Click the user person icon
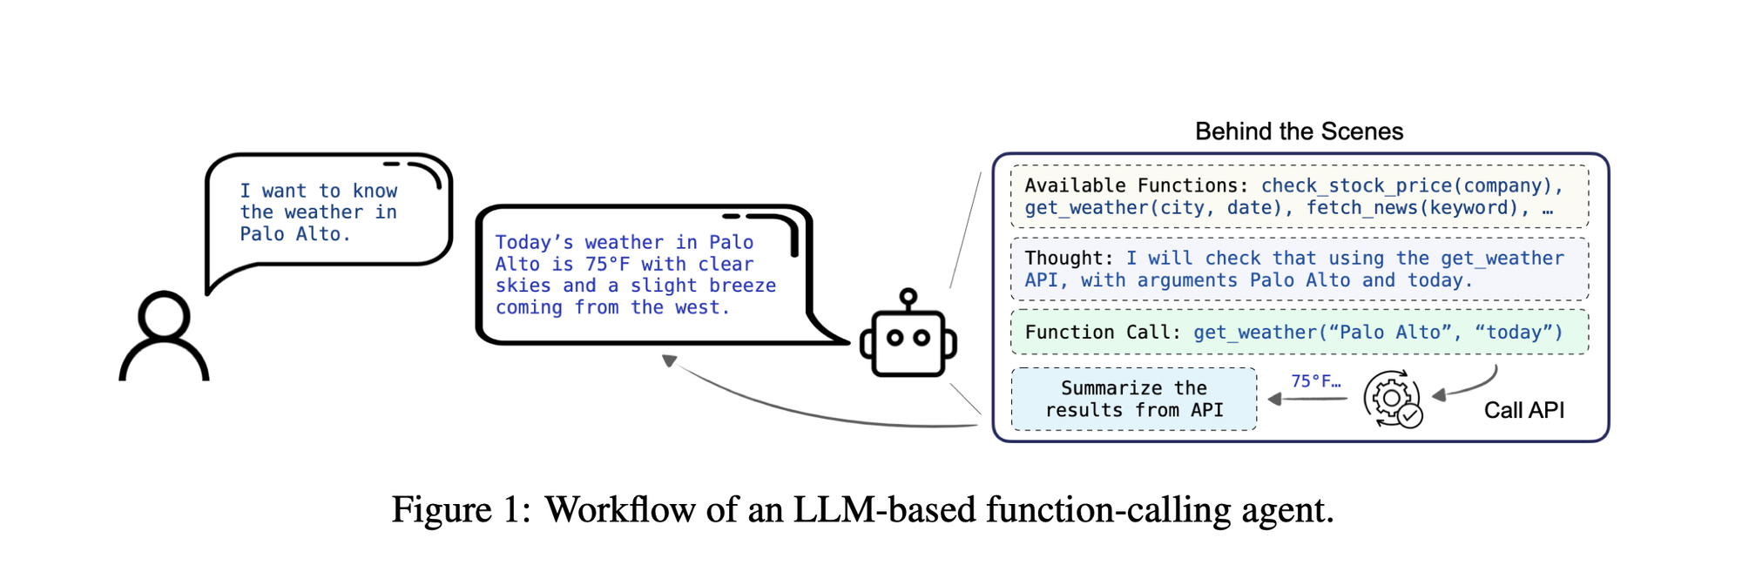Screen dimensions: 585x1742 click(x=164, y=338)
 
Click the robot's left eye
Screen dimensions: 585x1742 click(x=895, y=339)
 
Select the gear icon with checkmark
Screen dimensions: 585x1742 click(x=1393, y=400)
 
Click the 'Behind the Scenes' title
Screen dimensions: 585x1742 click(x=1299, y=131)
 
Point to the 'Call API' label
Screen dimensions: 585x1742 click(x=1523, y=410)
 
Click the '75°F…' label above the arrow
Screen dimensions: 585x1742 click(x=1315, y=381)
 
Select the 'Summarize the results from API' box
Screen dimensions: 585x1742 click(x=1134, y=399)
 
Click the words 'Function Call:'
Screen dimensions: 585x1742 click(x=1103, y=333)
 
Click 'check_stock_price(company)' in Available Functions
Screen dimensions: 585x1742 click(x=1411, y=185)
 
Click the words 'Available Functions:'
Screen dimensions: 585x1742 click(x=1136, y=185)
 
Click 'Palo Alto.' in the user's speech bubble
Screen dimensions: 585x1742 click(x=294, y=234)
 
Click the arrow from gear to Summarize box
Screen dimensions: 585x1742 click(x=1306, y=399)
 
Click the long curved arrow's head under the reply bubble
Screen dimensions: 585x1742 click(x=669, y=360)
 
